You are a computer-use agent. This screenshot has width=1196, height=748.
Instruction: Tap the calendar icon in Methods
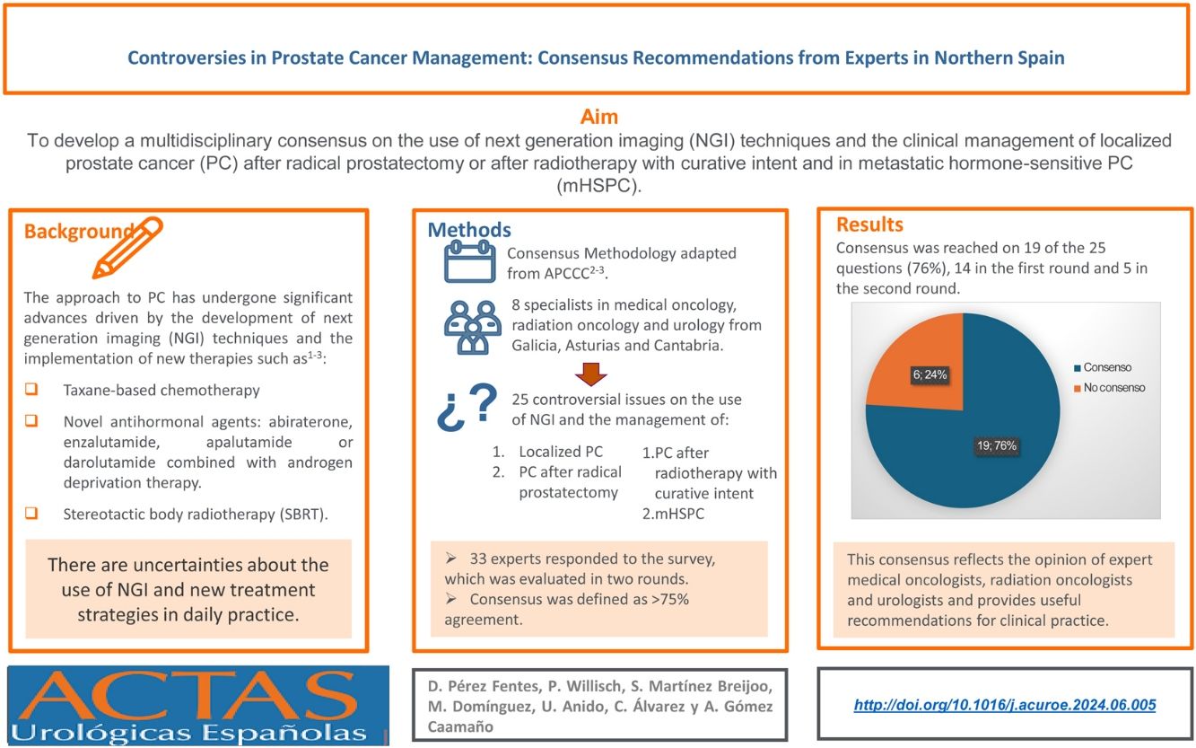[469, 261]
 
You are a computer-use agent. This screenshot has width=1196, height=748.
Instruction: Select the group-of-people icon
[470, 327]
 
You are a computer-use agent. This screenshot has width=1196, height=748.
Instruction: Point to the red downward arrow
[589, 372]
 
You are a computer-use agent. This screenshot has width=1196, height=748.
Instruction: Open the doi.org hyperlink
[1005, 705]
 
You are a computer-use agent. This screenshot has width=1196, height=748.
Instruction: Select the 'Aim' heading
[599, 117]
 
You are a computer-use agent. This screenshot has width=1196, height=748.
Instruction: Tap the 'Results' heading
[869, 224]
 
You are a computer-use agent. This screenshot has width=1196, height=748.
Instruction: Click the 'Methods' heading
[469, 230]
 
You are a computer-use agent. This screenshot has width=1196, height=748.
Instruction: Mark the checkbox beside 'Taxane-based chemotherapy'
[31, 391]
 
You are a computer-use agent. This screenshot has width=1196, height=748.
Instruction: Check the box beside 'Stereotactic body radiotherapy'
[31, 515]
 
